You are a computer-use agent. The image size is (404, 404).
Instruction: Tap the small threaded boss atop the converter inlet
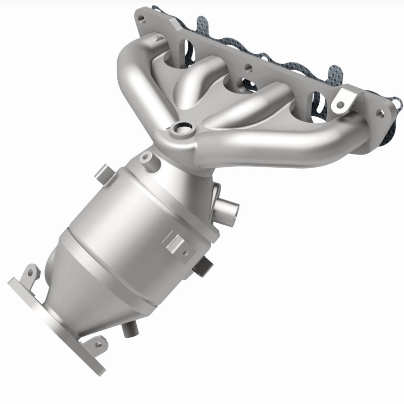pos(146,158)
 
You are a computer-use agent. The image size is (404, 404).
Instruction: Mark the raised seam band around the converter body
pos(126,273)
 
